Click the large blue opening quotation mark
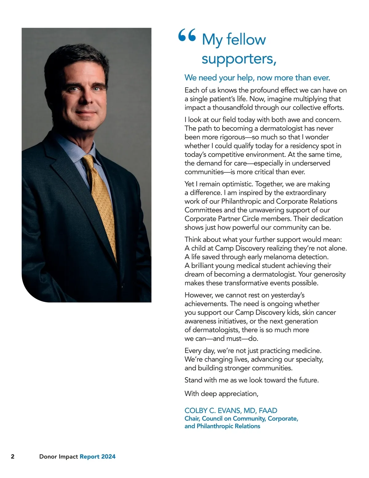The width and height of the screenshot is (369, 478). (x=187, y=35)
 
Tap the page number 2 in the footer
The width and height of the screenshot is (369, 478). (x=13, y=456)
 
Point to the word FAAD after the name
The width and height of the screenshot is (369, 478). (x=268, y=411)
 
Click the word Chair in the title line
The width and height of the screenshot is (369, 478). (x=192, y=419)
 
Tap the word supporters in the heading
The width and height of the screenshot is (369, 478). (x=237, y=58)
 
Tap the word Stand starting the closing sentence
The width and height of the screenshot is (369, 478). (x=193, y=380)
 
